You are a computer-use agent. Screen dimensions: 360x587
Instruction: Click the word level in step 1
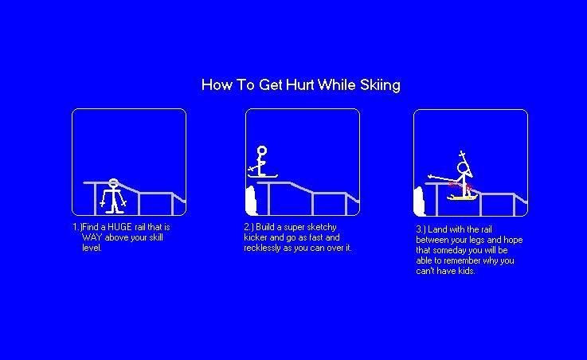[x=92, y=248]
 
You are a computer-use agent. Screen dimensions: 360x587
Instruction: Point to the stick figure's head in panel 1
[x=114, y=183]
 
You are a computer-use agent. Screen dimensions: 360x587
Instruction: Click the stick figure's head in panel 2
[x=261, y=150]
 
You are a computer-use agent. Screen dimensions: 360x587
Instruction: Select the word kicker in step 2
[x=256, y=237]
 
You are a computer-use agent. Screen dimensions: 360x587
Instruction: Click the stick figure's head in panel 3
[x=463, y=168]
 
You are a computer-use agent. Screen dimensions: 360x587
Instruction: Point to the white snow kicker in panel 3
[x=419, y=202]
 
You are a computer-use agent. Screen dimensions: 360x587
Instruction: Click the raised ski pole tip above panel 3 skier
[x=461, y=153]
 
